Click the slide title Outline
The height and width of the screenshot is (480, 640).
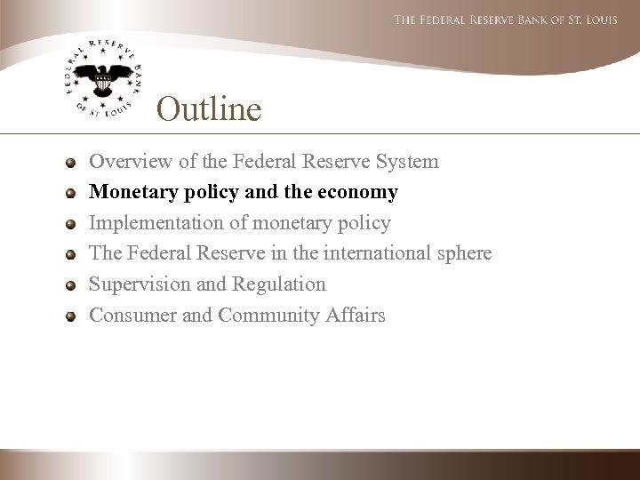[209, 109]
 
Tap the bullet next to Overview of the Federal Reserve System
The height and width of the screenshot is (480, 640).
[70, 162]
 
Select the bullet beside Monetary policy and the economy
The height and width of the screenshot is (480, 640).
[70, 192]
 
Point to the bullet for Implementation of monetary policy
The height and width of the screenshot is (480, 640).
[70, 223]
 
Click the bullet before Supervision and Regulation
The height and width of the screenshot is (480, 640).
[70, 284]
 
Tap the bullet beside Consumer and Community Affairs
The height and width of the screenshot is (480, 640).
[70, 316]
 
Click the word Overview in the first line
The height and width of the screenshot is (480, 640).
[124, 162]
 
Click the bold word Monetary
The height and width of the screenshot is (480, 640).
[129, 193]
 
